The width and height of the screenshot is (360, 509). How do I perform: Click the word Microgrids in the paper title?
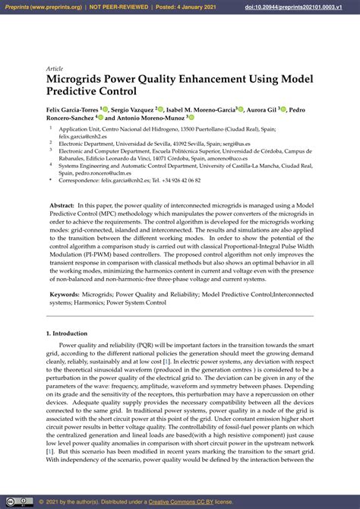80,79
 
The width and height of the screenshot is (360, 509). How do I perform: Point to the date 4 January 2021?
183,7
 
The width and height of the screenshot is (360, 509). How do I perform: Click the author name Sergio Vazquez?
134,109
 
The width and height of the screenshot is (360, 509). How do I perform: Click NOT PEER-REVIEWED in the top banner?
118,7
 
